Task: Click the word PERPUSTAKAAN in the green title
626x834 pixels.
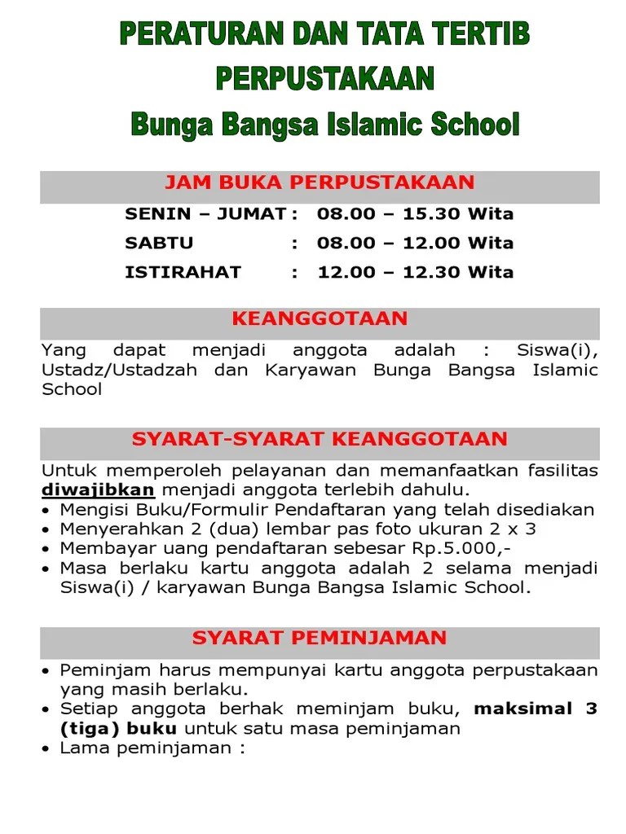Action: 324,79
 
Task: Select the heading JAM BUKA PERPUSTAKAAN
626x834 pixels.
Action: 320,182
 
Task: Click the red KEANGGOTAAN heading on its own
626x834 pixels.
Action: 320,318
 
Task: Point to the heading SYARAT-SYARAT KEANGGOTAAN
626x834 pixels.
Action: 320,439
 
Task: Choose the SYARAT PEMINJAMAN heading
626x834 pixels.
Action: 320,638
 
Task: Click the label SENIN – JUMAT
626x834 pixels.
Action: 205,214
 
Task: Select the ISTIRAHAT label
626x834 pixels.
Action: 183,272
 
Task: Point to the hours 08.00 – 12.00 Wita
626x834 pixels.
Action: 416,243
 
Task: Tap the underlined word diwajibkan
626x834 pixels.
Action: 98,489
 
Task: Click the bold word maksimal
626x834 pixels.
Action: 523,709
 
